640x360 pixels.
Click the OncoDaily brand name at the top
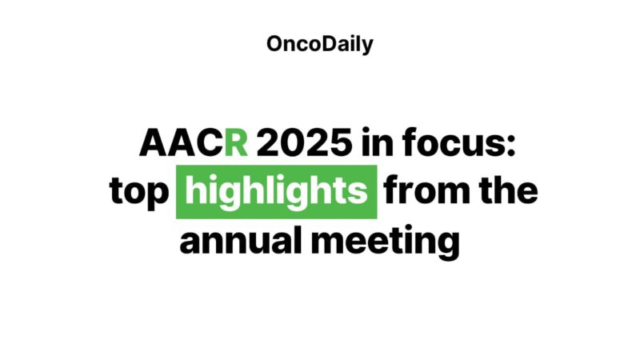point(320,45)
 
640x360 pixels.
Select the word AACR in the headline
point(194,144)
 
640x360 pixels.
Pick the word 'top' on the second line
point(138,194)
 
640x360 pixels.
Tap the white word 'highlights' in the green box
point(276,192)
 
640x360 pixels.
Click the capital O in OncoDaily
point(274,45)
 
